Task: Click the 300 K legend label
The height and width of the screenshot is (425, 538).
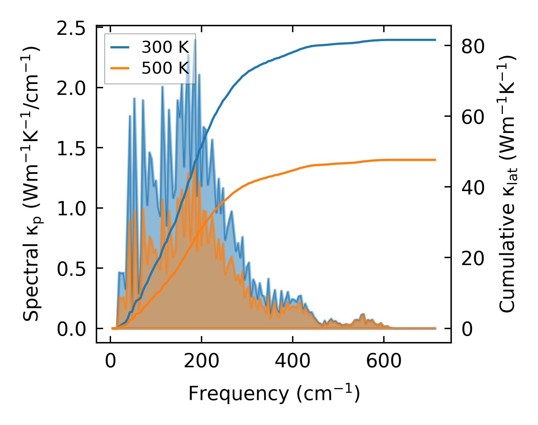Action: (x=165, y=47)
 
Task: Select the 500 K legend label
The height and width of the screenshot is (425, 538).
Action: (x=165, y=68)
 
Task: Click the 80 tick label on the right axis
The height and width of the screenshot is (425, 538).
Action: (x=473, y=46)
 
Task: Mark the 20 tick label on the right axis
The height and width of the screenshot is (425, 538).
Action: (x=473, y=258)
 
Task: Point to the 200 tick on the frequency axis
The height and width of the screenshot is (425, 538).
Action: (x=202, y=361)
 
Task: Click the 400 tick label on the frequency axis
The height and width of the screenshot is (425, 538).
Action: (x=293, y=361)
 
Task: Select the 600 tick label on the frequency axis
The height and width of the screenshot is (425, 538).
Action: (x=384, y=361)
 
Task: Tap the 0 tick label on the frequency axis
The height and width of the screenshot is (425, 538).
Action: (x=110, y=361)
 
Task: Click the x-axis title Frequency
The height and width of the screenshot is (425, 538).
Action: (x=274, y=394)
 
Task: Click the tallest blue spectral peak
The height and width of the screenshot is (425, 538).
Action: (x=195, y=40)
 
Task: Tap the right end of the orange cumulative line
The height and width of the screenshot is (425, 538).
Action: (x=435, y=160)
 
